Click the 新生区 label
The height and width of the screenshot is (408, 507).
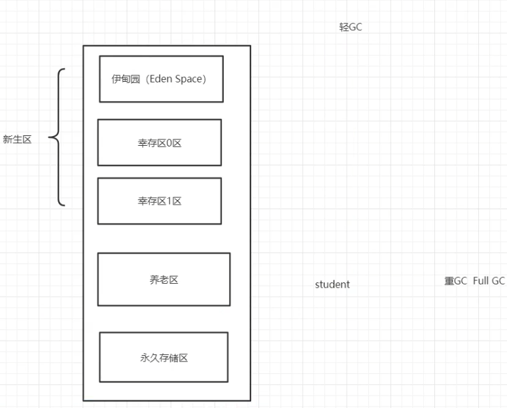coord(17,139)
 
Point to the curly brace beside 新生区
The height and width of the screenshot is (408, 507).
coord(58,137)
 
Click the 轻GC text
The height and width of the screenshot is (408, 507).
coord(350,28)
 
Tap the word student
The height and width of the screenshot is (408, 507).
coord(332,284)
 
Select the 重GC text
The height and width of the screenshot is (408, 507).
coord(455,281)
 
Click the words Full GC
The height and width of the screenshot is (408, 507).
coord(489,281)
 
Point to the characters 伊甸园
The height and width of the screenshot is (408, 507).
coord(124,79)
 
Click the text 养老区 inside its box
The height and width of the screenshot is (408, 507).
coord(164,280)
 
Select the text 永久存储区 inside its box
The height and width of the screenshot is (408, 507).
coord(164,358)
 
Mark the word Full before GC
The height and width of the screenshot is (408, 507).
coord(481,281)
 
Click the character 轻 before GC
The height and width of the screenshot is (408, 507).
coord(343,28)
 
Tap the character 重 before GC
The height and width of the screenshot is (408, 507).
coord(449,281)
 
